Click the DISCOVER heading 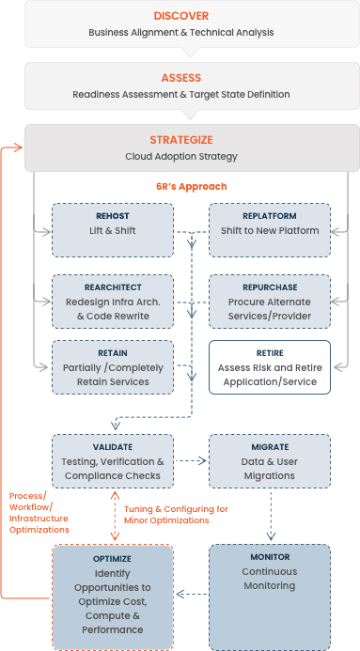(x=180, y=16)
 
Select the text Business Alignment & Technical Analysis (x=180, y=32)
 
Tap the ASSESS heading (x=180, y=78)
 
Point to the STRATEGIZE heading (x=180, y=140)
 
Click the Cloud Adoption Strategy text (x=180, y=156)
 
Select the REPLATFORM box (x=270, y=228)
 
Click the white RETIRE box (x=270, y=366)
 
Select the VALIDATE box (x=113, y=460)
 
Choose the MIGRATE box (x=270, y=460)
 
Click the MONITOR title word (x=270, y=556)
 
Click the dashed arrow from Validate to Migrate (x=191, y=461)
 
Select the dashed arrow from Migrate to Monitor (x=270, y=514)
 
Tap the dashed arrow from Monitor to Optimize (x=191, y=594)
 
